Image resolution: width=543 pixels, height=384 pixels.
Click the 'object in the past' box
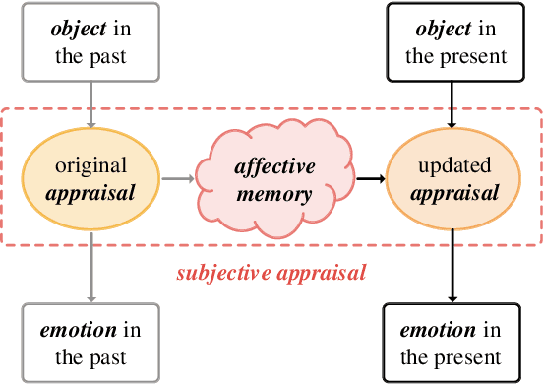point(91,41)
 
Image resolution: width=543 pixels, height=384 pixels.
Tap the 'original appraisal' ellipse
point(91,179)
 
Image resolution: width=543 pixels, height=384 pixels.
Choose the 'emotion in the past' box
point(91,342)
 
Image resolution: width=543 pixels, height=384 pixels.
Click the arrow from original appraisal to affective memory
point(177,179)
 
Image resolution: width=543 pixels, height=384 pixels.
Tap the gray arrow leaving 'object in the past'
point(91,102)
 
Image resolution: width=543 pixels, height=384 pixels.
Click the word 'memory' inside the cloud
point(272,192)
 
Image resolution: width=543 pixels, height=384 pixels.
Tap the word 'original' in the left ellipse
point(91,166)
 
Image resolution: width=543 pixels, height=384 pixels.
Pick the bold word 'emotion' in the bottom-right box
point(437,330)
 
